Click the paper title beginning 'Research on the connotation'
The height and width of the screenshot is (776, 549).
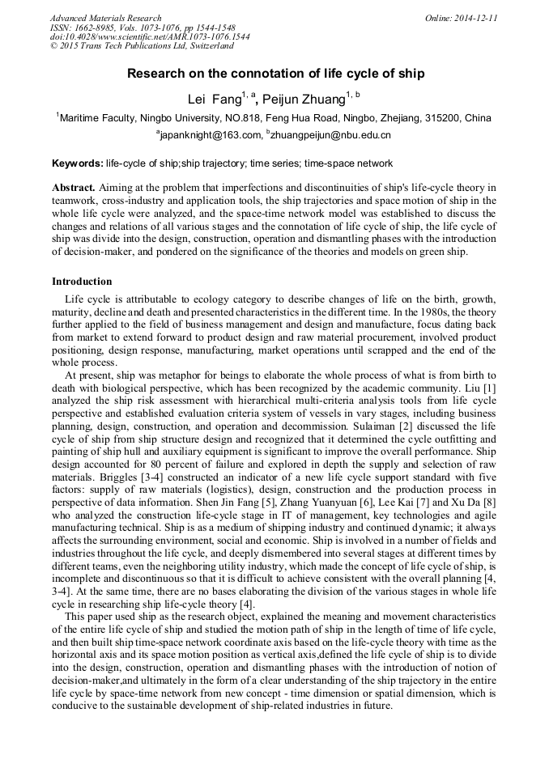[275, 74]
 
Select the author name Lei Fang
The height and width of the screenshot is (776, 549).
[214, 100]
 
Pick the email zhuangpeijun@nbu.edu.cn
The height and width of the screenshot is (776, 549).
[331, 135]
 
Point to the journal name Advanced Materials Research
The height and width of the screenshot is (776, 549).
[105, 18]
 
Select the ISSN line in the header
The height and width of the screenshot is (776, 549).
[143, 28]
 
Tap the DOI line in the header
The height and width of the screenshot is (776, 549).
[150, 37]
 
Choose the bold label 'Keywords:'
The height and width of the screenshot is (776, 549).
[77, 163]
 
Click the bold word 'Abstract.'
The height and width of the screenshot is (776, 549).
[74, 188]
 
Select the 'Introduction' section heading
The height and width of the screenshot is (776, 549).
[82, 282]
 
